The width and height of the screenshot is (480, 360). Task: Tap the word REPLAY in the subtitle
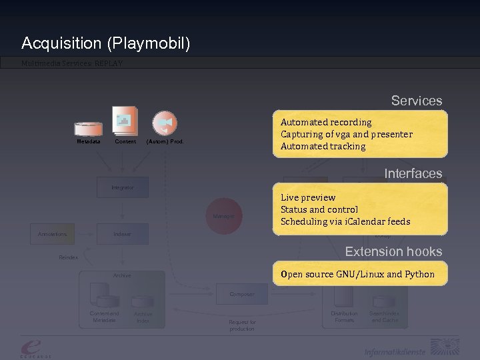point(108,64)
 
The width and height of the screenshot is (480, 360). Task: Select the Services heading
point(416,101)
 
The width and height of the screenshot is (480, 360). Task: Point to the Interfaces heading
point(413,173)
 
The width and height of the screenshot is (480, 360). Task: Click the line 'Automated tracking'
point(323,146)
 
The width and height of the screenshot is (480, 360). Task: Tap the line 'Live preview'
point(307,197)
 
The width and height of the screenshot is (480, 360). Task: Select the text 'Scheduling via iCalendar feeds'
point(345,221)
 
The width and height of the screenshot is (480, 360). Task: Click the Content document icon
point(125,121)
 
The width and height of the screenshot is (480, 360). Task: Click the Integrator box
point(123,187)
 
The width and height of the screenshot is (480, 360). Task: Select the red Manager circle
point(223,216)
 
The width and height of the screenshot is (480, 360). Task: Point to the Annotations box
point(52,234)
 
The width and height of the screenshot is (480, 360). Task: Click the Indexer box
point(123,234)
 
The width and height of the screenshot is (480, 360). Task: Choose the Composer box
point(242,294)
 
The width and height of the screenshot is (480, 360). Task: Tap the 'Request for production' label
point(242,325)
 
